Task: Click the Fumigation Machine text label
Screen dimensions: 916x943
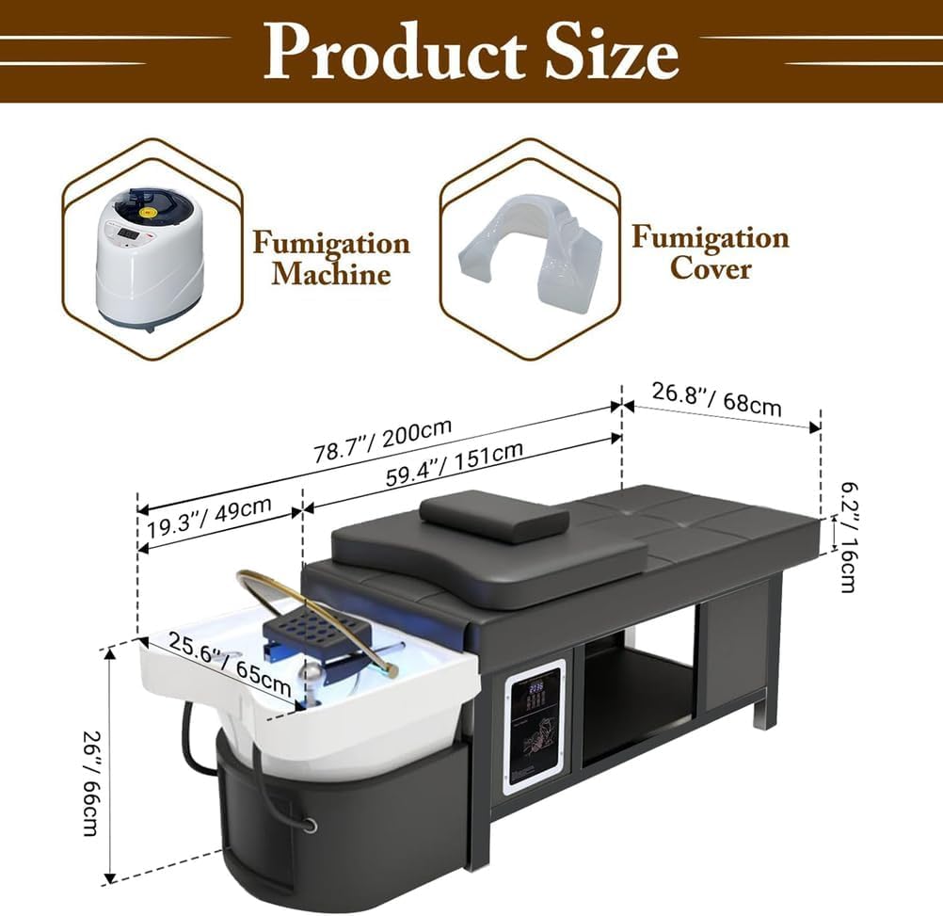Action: tap(330, 259)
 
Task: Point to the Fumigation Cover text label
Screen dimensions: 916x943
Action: tap(710, 251)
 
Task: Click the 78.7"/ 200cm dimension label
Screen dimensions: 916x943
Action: tap(382, 441)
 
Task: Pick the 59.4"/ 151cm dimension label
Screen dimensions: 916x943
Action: tap(455, 464)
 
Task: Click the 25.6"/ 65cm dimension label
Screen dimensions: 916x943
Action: tap(230, 669)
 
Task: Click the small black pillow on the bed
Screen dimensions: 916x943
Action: tap(494, 515)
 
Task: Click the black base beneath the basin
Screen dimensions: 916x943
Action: tap(348, 828)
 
